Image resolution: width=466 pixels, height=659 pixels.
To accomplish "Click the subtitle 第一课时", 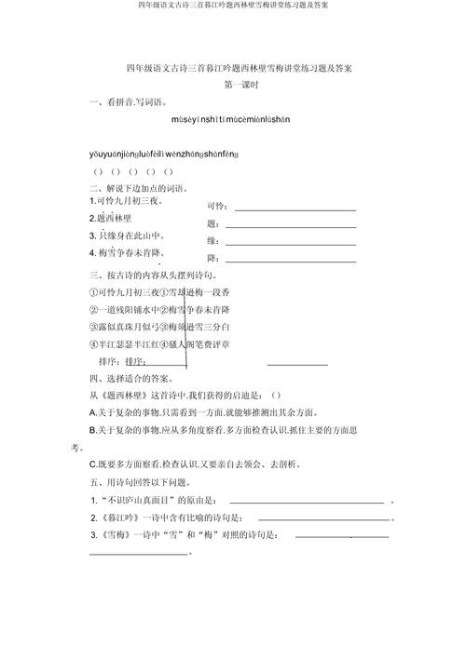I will (x=240, y=84).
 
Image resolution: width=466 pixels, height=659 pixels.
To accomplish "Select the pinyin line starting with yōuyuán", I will (x=163, y=152).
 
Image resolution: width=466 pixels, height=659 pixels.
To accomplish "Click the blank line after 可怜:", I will (x=295, y=209).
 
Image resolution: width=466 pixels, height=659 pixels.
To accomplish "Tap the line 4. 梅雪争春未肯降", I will (x=132, y=252).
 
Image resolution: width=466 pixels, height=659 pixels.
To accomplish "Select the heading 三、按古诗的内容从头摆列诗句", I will (x=155, y=276).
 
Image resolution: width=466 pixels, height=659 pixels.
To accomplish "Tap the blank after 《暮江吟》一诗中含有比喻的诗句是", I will (x=322, y=518).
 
